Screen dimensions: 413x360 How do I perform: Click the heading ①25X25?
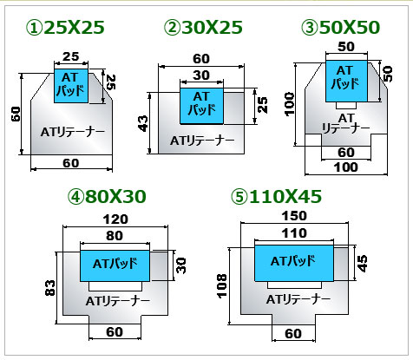(65, 28)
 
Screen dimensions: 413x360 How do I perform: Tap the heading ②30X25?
(203, 28)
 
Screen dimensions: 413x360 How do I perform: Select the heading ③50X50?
(341, 28)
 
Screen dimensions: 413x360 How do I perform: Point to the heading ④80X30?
(107, 197)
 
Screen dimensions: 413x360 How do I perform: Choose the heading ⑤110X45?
(276, 197)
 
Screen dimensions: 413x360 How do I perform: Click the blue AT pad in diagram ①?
(71, 86)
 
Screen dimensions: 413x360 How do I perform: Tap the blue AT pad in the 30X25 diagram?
(201, 106)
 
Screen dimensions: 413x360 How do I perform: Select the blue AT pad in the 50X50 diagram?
(346, 81)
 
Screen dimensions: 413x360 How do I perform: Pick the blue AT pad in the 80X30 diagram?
(115, 265)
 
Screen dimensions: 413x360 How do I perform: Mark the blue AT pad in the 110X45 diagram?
(294, 263)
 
